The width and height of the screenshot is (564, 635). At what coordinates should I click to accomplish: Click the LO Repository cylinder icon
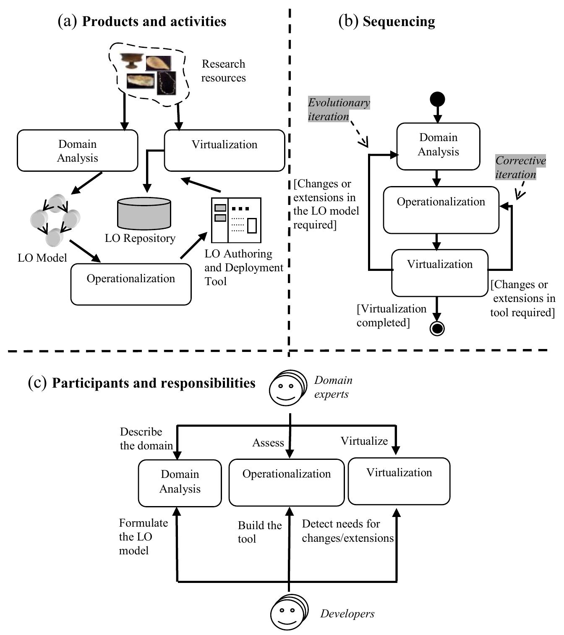point(144,213)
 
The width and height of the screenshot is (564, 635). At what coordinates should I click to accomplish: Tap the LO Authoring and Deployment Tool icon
point(236,220)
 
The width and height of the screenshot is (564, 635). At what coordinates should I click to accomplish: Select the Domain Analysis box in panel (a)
point(78,151)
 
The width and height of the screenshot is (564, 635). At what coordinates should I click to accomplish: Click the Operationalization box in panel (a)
point(131,283)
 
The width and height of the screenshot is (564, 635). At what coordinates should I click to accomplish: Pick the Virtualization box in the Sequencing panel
point(440,273)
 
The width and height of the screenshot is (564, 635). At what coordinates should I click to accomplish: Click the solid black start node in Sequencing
point(437,100)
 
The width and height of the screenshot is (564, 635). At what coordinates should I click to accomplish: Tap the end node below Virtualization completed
point(437,328)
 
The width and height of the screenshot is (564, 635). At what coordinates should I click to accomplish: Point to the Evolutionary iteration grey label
point(339,109)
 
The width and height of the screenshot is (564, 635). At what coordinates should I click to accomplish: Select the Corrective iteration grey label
point(520,167)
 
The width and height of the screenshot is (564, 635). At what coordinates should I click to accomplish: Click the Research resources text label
point(223,71)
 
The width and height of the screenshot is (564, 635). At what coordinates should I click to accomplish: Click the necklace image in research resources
point(167,83)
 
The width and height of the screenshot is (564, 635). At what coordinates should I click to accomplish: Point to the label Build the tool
point(259,532)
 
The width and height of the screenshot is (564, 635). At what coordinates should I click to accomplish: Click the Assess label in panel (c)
point(268,443)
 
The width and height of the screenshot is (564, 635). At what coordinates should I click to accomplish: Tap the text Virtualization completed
point(391,315)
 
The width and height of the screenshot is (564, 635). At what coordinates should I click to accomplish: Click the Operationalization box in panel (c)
point(287,483)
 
